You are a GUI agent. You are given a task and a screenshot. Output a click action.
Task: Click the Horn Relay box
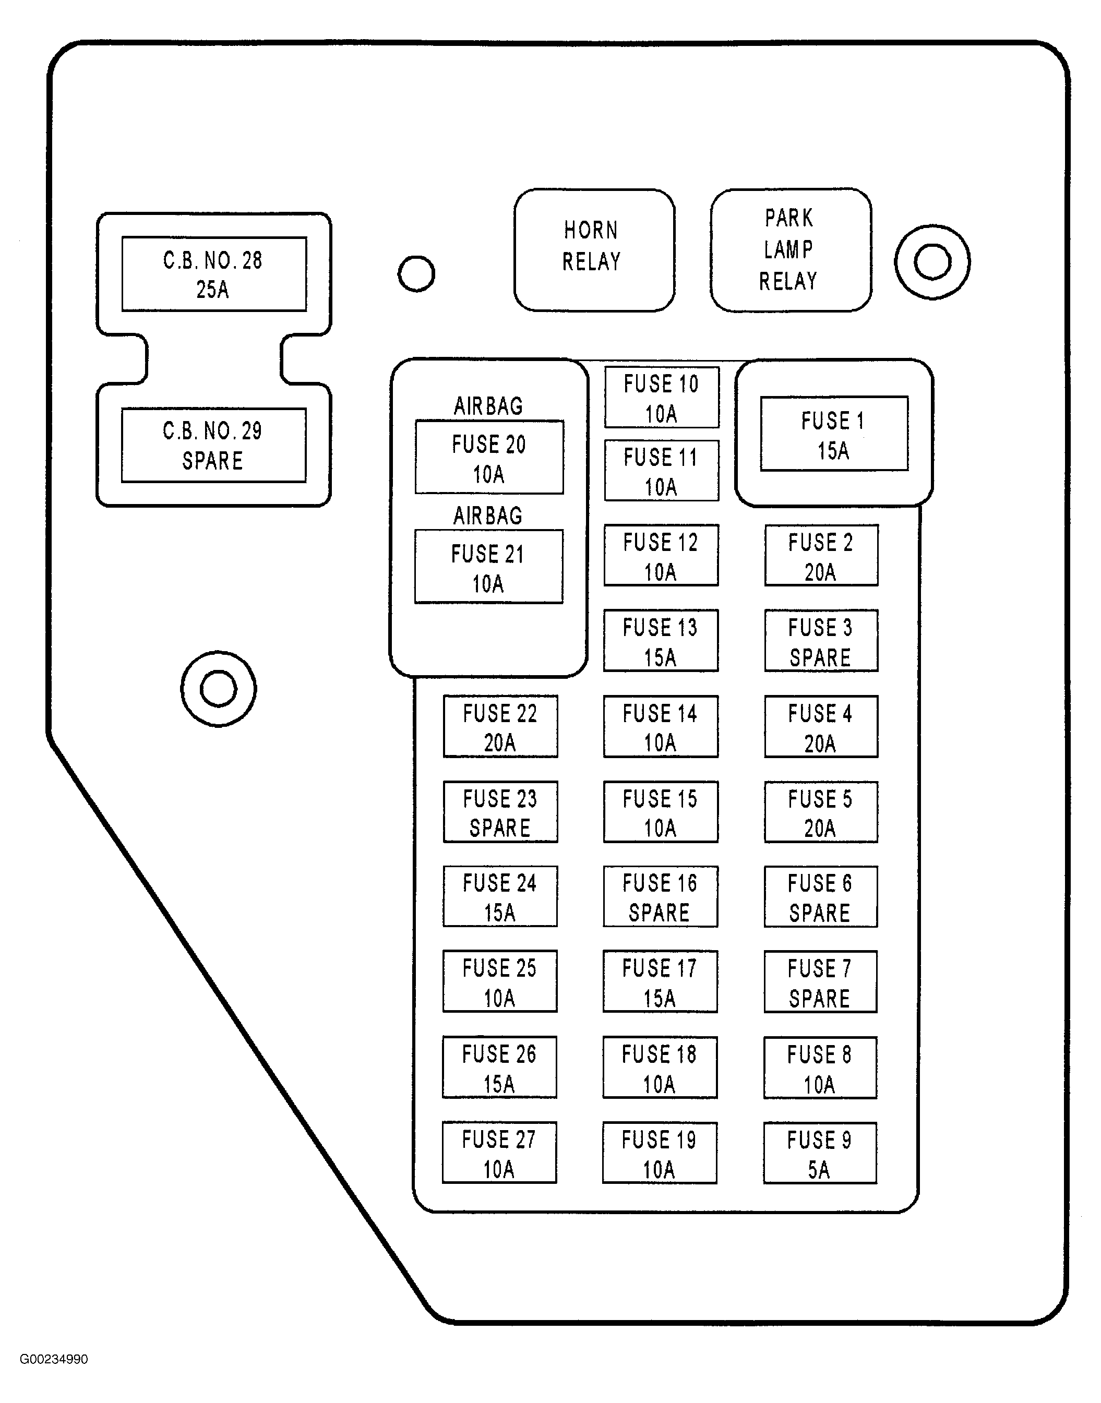click(594, 249)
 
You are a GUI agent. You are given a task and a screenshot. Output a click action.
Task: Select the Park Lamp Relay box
click(791, 249)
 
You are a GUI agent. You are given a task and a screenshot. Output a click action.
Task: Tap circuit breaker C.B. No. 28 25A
click(213, 274)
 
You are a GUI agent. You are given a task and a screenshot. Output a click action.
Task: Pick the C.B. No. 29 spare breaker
click(213, 445)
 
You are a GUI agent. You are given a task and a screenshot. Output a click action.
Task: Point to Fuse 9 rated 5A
click(819, 1153)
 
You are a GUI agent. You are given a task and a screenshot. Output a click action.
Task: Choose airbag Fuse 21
click(488, 567)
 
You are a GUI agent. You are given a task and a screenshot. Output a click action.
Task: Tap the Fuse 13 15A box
click(660, 641)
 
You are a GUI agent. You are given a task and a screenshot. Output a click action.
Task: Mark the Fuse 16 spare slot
click(660, 896)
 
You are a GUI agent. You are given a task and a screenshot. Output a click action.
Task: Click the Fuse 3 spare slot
click(821, 641)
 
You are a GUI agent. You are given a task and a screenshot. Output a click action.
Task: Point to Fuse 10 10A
click(661, 397)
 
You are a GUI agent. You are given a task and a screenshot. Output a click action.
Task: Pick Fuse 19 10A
click(659, 1153)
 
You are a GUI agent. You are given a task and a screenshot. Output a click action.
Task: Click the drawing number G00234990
click(54, 1359)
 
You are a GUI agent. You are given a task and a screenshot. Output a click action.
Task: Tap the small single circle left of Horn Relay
click(416, 273)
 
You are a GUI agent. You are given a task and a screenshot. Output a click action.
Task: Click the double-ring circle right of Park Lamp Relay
click(932, 261)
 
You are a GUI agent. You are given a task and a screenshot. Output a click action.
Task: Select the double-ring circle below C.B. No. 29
click(219, 689)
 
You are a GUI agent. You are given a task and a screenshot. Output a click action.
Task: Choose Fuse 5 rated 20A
click(821, 811)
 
